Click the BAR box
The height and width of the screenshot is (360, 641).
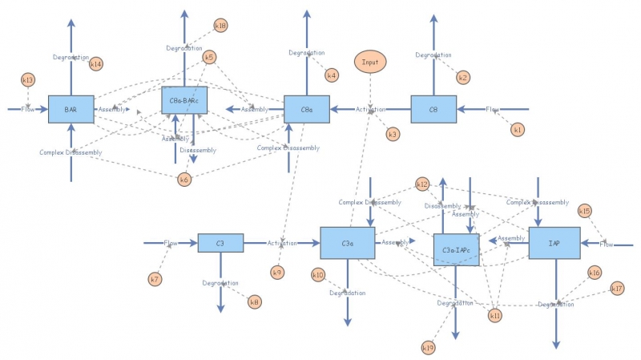coord(71,109)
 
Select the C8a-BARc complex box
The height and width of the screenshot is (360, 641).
coord(184,100)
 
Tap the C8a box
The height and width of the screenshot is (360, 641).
coord(307,109)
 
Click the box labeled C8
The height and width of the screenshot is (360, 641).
coord(433,109)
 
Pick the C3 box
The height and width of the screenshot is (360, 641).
coord(220,243)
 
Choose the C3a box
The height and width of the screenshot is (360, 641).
coord(347,243)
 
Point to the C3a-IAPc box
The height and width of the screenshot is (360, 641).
coord(456,250)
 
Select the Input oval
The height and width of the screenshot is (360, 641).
coord(370,62)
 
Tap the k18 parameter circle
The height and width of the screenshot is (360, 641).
coord(220,26)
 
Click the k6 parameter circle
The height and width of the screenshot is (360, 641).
coord(184,179)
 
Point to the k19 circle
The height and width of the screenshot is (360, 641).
coord(428,347)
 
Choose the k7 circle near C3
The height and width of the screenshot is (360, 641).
coord(155,279)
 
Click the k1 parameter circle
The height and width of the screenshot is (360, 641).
coord(518,129)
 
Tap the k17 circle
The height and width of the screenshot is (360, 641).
coord(617,289)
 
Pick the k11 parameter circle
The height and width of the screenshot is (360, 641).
coord(495,315)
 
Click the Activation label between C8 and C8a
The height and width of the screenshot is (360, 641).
coord(370,109)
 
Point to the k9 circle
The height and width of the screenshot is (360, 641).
coord(277,273)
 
